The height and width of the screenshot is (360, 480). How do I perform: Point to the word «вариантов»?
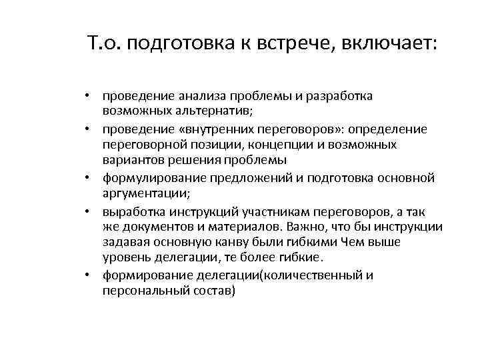click(x=130, y=160)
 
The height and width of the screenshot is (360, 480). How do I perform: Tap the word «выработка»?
click(x=131, y=212)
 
